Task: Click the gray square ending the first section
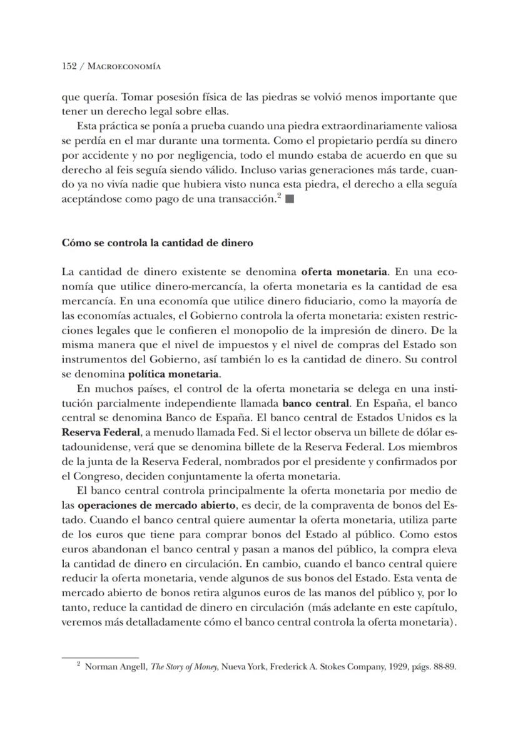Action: (x=289, y=200)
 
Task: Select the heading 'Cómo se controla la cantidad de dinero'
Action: (x=157, y=243)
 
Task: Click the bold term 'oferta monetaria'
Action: (x=345, y=272)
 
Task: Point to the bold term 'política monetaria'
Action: (x=173, y=374)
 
